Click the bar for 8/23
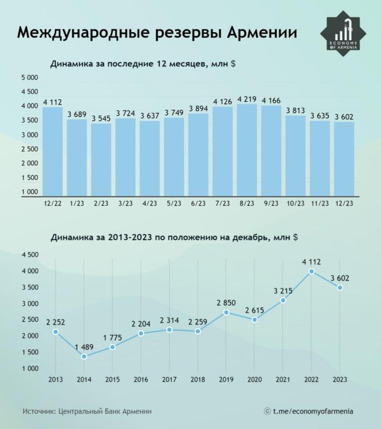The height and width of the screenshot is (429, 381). click(x=247, y=150)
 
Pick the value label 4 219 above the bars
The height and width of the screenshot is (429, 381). click(x=247, y=98)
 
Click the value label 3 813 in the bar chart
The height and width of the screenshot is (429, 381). click(x=296, y=110)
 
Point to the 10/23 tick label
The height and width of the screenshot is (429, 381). click(x=296, y=203)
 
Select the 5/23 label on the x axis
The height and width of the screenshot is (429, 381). click(x=174, y=203)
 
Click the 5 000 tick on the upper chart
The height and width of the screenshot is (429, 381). click(x=29, y=78)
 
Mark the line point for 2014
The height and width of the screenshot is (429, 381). click(x=84, y=357)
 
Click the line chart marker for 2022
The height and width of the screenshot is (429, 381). click(x=311, y=271)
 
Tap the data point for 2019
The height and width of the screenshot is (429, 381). click(x=226, y=312)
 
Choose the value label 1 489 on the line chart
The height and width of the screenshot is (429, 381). click(x=84, y=346)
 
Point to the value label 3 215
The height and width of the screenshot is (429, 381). click(x=283, y=290)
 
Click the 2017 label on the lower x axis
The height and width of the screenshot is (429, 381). click(x=169, y=380)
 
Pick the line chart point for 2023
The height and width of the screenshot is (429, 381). click(x=340, y=288)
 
